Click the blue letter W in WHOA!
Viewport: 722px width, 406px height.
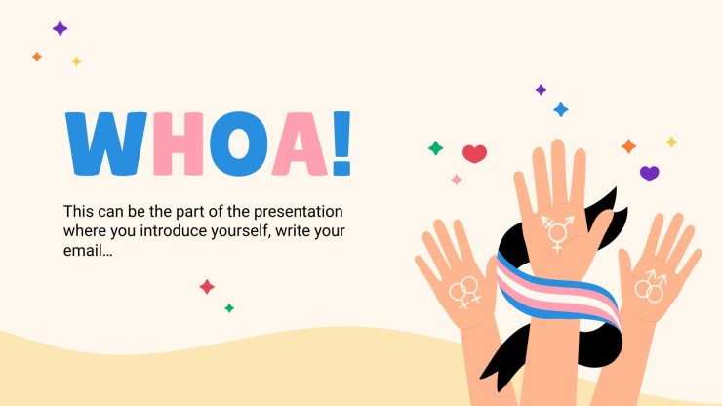106,143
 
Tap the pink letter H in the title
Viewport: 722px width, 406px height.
179,143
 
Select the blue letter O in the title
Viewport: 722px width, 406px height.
238,143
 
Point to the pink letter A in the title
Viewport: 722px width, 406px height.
300,143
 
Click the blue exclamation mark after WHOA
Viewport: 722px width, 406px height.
341,143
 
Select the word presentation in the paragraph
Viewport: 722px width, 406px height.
299,212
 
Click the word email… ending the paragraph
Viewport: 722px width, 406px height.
88,250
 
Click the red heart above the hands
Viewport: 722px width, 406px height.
475,153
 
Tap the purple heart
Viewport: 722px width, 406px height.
649,173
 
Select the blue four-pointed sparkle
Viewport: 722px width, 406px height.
561,109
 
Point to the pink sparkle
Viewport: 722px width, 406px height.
457,180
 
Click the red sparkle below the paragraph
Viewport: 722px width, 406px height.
207,287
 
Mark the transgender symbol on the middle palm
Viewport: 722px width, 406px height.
558,232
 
